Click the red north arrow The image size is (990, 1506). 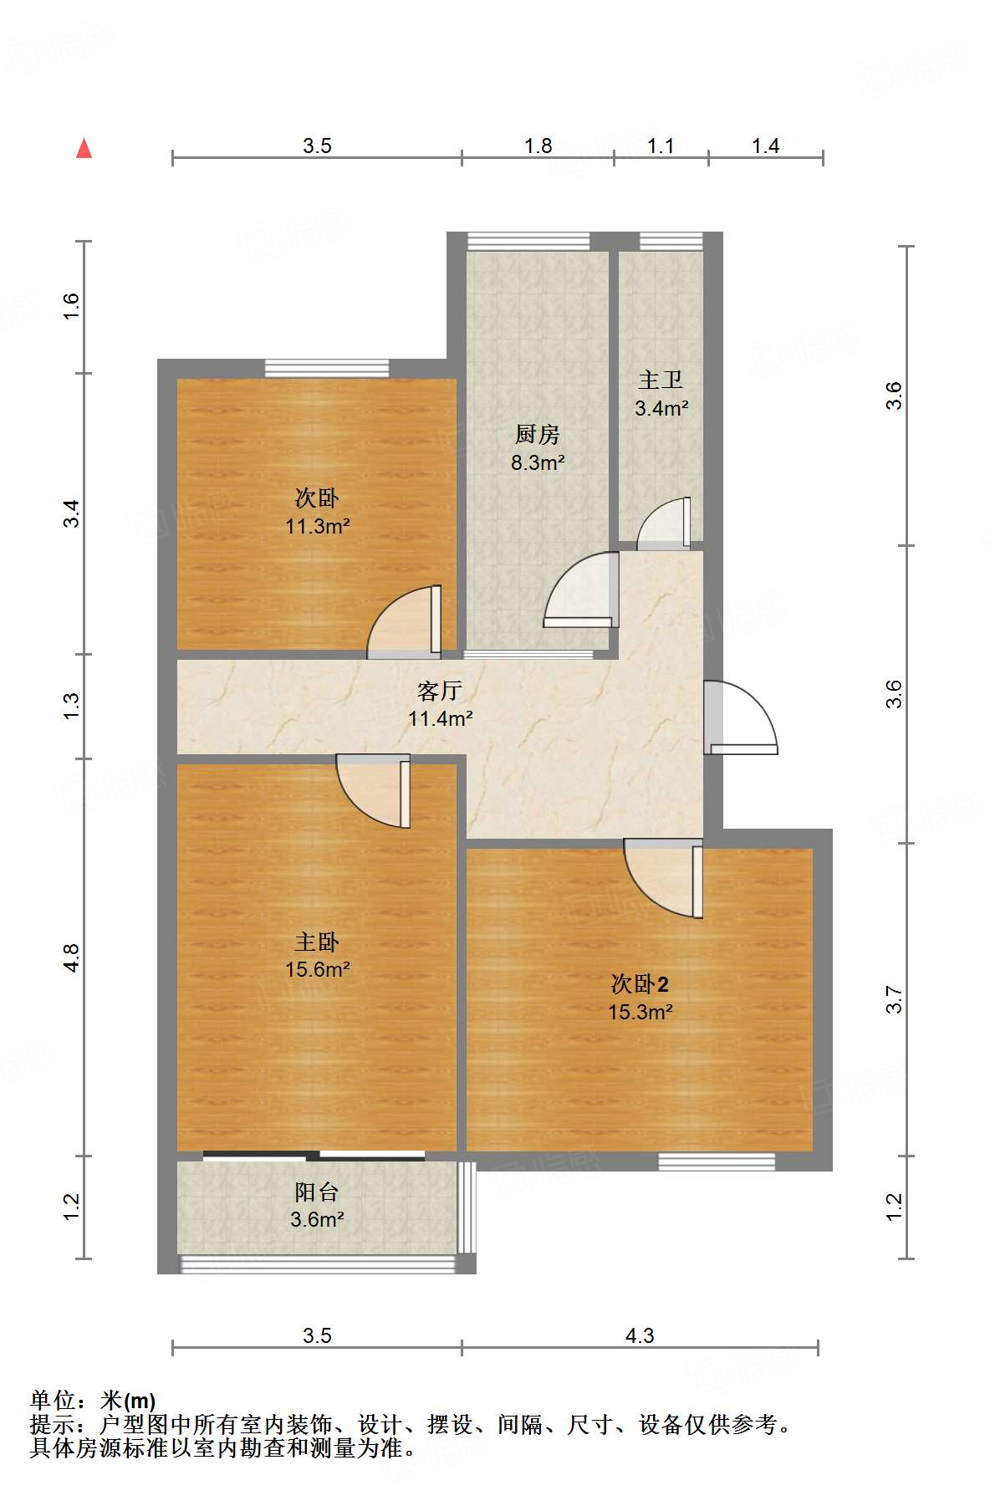[x=84, y=148]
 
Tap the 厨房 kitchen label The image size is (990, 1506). [x=537, y=434]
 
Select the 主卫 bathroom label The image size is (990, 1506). [x=661, y=380]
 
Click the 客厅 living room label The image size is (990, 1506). [x=440, y=691]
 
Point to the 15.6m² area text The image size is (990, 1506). [x=317, y=970]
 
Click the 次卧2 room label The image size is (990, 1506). [x=640, y=984]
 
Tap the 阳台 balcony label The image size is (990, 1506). [x=317, y=1192]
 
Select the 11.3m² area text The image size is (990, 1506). [x=317, y=527]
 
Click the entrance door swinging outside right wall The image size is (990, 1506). [x=742, y=717]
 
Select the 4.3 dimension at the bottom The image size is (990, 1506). [x=640, y=1335]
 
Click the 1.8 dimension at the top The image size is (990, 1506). [x=538, y=145]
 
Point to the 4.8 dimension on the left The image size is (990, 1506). [x=71, y=957]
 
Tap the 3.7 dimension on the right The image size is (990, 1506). [x=894, y=999]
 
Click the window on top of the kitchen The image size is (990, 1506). [x=528, y=241]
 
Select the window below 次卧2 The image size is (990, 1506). [x=717, y=1161]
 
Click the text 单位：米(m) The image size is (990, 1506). [x=93, y=1400]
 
